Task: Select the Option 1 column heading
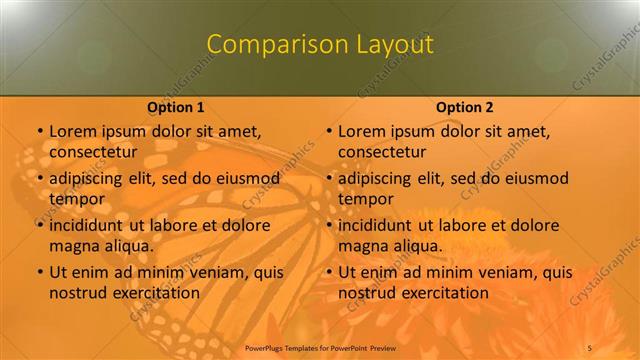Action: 176,107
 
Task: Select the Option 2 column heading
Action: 465,107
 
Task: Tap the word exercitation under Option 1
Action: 155,293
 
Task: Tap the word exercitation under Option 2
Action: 444,293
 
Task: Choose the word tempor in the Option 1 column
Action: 76,199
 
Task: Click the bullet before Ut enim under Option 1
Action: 39,272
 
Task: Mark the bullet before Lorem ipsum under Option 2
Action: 328,131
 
